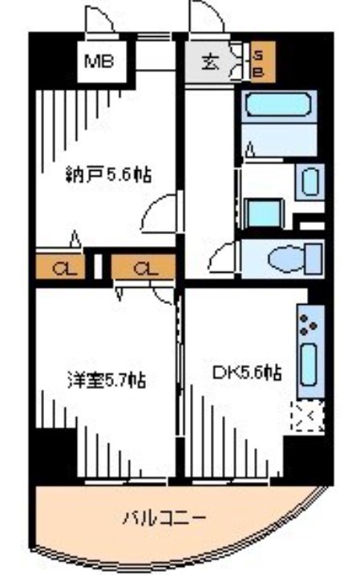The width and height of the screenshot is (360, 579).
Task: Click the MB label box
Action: (100, 63)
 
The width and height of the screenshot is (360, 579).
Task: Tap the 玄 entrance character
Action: (209, 63)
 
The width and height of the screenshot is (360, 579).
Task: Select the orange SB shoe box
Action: (259, 63)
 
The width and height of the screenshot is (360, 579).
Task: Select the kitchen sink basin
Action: (308, 367)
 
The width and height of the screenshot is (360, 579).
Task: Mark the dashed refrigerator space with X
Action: (307, 417)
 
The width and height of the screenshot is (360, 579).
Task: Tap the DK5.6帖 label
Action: (247, 372)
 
